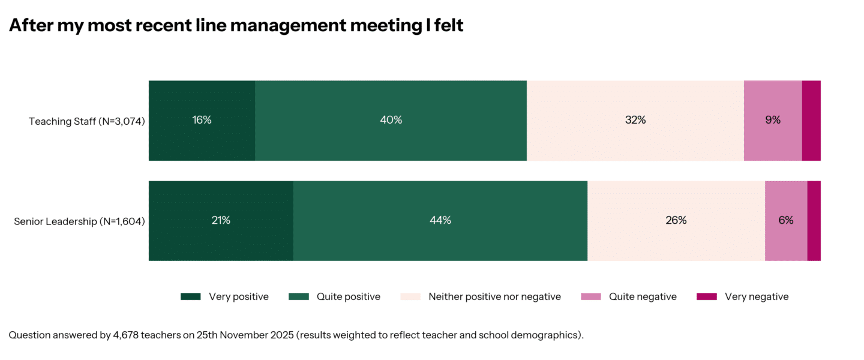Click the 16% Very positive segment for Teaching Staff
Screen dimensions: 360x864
tap(202, 121)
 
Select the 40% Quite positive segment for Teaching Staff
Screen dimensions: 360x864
tap(391, 121)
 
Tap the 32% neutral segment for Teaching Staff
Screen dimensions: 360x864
tap(635, 121)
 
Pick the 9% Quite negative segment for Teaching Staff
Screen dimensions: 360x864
tap(773, 121)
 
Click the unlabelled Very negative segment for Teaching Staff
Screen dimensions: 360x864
tap(811, 121)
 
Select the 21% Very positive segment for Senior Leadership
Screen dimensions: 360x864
tap(221, 221)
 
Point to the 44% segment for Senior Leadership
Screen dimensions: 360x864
tap(440, 221)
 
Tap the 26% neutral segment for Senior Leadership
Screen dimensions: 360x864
tap(676, 221)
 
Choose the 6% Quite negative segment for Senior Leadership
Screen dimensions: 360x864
tap(786, 221)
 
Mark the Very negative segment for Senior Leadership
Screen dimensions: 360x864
tap(814, 221)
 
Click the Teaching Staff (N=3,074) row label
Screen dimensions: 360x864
tap(87, 122)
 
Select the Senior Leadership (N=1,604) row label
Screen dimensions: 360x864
tap(79, 222)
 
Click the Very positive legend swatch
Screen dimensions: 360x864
tap(191, 296)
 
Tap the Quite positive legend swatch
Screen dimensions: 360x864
tap(299, 296)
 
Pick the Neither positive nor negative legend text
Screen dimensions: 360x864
tap(494, 296)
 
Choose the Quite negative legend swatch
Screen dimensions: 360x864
tap(591, 296)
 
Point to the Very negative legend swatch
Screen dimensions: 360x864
tap(707, 296)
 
